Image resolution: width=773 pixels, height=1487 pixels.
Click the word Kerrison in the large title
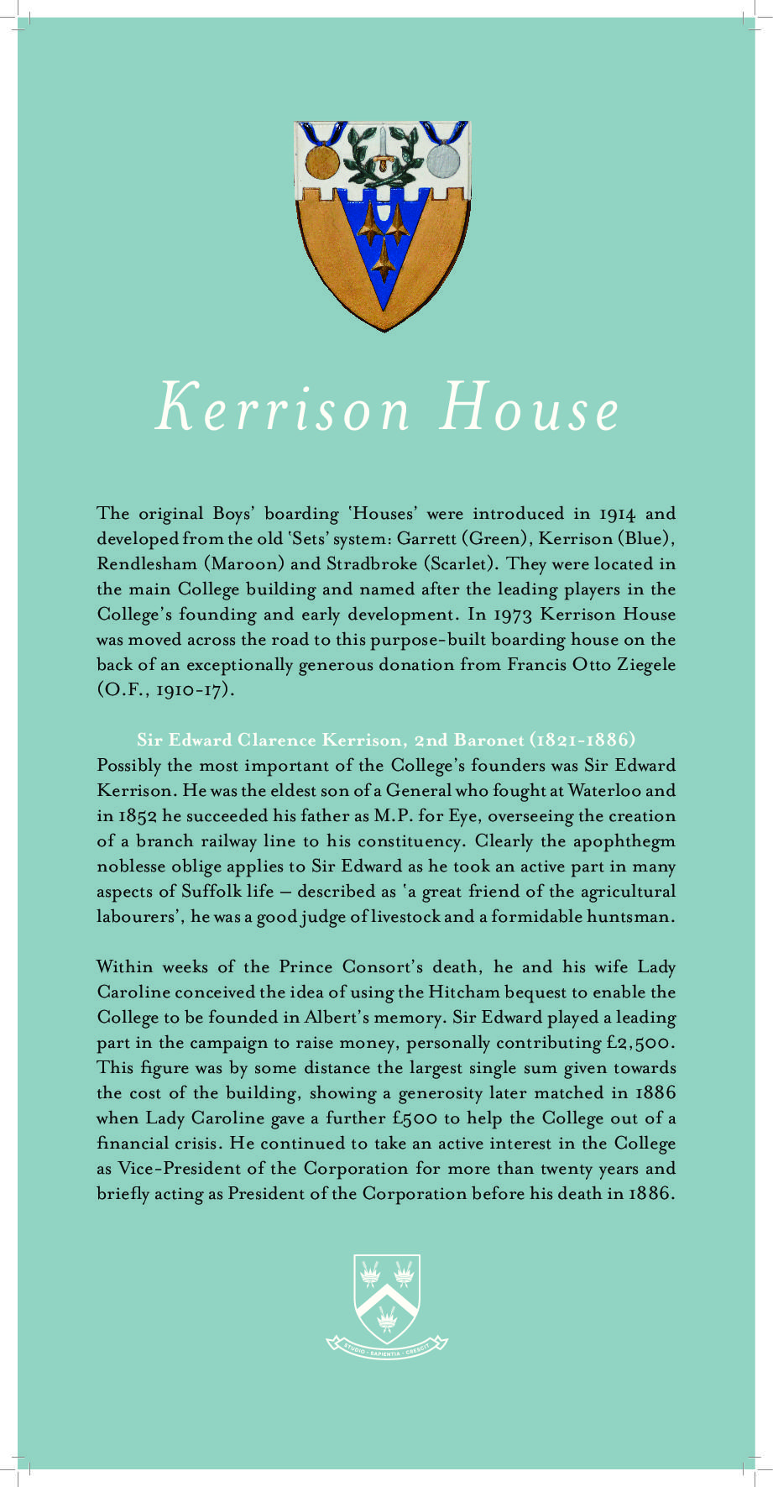pyautogui.click(x=283, y=409)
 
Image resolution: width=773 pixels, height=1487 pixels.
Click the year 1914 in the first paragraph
pyautogui.click(x=618, y=514)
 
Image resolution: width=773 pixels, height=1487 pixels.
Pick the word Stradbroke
pyautogui.click(x=371, y=563)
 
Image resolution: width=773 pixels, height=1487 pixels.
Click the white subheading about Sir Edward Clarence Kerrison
pyautogui.click(x=386, y=740)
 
